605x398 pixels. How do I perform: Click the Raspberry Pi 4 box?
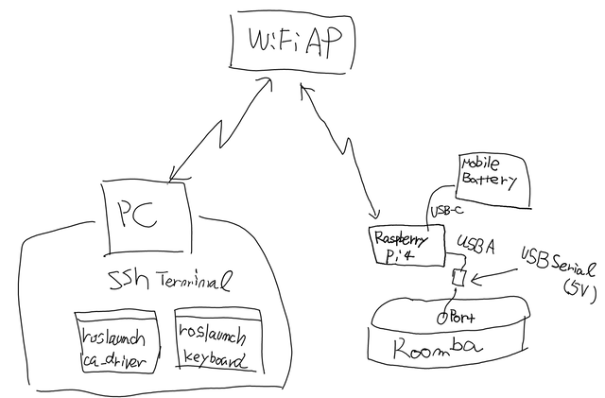click(406, 247)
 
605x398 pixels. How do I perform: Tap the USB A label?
click(476, 246)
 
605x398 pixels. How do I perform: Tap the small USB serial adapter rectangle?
click(460, 279)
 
